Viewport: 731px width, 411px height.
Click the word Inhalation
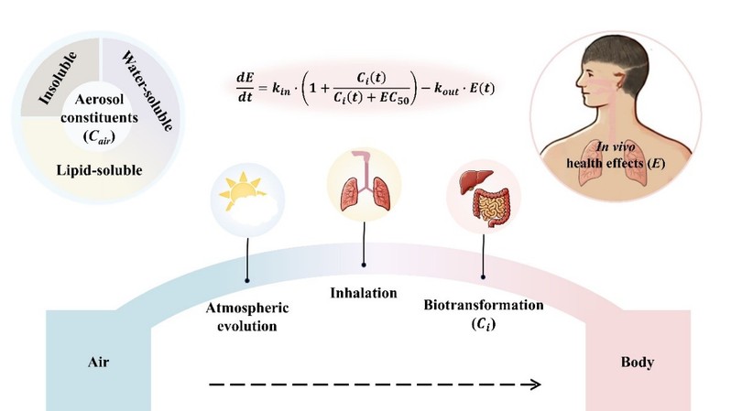[364, 293]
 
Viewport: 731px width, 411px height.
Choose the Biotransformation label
[483, 304]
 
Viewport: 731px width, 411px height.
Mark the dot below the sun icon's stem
[247, 278]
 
